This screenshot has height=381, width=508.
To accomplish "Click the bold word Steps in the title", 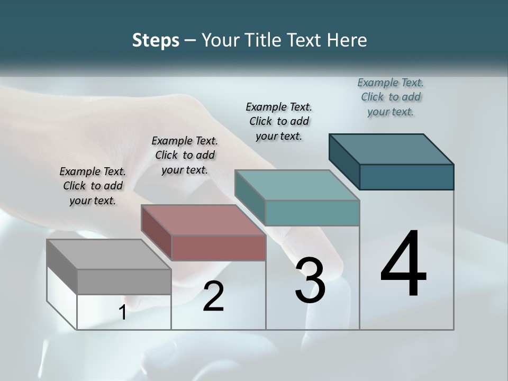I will click(x=156, y=40).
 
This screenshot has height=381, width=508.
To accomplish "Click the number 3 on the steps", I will click(x=310, y=280).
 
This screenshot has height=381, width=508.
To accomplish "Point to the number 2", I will click(x=213, y=296).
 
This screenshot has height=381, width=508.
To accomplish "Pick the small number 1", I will click(x=123, y=313).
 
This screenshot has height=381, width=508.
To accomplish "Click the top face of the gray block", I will click(x=108, y=255).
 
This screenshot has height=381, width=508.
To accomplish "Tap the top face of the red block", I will click(x=203, y=220).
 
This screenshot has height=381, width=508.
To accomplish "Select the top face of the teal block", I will click(x=297, y=185).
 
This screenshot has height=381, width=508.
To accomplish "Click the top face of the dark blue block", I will click(x=391, y=149).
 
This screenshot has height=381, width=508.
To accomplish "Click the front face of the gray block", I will click(x=124, y=282).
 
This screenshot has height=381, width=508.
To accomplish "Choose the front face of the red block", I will click(x=219, y=248).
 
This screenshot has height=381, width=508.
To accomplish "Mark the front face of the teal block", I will click(x=312, y=213).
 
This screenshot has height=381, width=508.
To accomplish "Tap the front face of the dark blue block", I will click(x=406, y=177).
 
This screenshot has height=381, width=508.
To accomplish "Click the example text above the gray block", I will click(x=93, y=186).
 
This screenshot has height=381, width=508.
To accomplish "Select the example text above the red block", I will click(x=185, y=155).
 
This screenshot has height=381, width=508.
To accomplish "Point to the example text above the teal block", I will click(x=279, y=121).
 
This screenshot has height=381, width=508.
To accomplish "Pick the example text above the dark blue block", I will click(x=391, y=97).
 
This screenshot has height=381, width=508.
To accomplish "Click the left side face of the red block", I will click(x=157, y=232).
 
